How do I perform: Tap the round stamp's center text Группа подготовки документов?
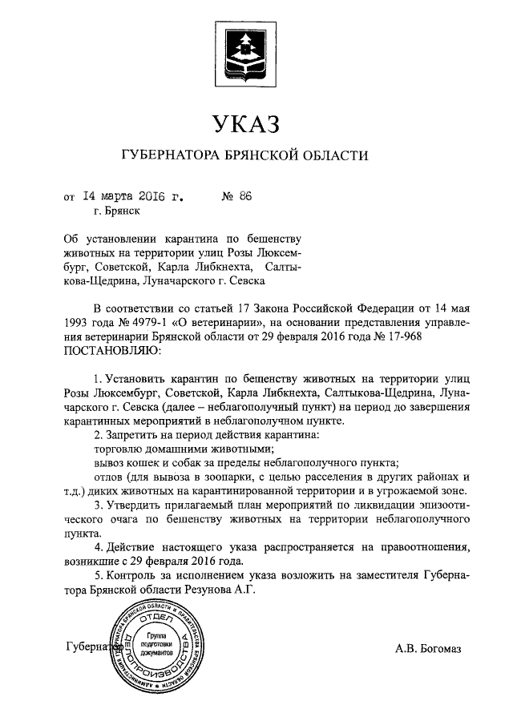tap(156, 643)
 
